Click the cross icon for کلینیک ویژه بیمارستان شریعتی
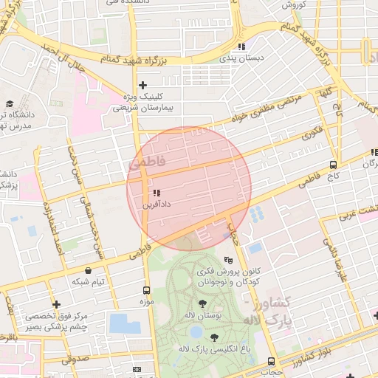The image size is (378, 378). click(143, 85)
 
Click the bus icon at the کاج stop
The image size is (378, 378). click(334, 165)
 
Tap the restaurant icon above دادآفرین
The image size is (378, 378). click(156, 193)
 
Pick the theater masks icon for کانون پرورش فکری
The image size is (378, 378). click(229, 261)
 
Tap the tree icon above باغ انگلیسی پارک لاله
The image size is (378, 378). click(214, 337)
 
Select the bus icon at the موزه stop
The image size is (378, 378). click(146, 290)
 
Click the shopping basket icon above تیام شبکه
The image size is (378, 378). click(89, 270)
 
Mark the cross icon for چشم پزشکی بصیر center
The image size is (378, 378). click(56, 304)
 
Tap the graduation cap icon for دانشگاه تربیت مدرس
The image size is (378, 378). click(10, 104)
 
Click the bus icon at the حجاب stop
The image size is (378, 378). click(271, 362)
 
